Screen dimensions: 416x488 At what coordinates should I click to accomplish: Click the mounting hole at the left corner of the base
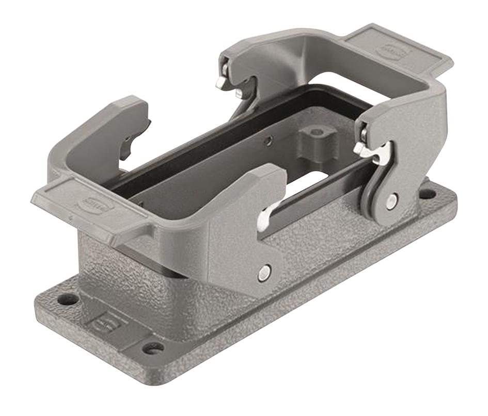tap(67, 299)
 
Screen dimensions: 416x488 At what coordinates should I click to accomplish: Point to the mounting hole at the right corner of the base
tap(427, 194)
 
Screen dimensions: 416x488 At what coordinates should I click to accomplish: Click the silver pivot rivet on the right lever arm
tap(392, 201)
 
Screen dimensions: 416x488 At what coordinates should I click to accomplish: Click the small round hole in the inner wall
tap(267, 140)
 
